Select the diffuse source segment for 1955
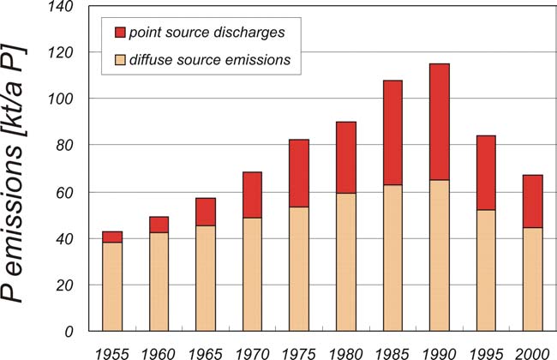(x=112, y=286)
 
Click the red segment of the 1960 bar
(x=159, y=225)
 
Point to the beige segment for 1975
(x=298, y=268)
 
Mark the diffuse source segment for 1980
(x=345, y=261)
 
